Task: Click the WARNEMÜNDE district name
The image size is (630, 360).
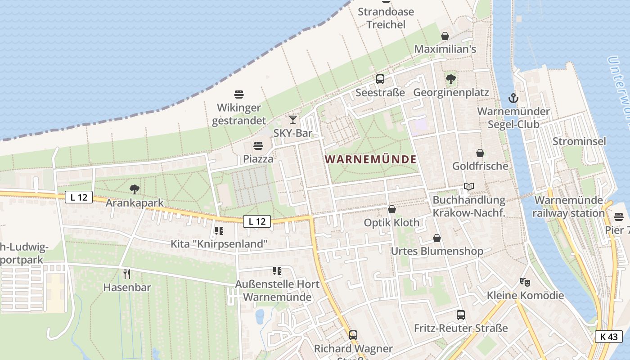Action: pyautogui.click(x=370, y=159)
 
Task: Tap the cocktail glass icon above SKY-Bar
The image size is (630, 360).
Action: pyautogui.click(x=293, y=119)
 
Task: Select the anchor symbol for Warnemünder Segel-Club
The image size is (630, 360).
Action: pyautogui.click(x=513, y=98)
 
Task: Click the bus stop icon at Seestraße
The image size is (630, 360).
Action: pyautogui.click(x=380, y=79)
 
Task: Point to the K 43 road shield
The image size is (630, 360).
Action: pyautogui.click(x=608, y=337)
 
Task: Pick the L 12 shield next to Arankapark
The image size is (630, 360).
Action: pyautogui.click(x=79, y=197)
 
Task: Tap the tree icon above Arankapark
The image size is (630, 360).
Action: pyautogui.click(x=134, y=189)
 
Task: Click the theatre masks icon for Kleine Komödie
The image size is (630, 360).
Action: pyautogui.click(x=525, y=282)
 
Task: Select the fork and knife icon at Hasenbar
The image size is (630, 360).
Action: pyautogui.click(x=127, y=274)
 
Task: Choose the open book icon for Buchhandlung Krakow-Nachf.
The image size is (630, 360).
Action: pyautogui.click(x=469, y=186)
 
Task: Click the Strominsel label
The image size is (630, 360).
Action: pyautogui.click(x=579, y=141)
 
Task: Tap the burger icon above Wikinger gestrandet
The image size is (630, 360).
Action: pyautogui.click(x=239, y=94)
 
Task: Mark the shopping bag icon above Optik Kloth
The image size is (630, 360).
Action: pyautogui.click(x=392, y=209)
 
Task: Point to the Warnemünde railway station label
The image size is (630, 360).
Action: pyautogui.click(x=568, y=207)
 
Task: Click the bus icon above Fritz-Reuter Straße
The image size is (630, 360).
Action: pyautogui.click(x=461, y=315)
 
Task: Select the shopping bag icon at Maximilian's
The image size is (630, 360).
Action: pyautogui.click(x=445, y=36)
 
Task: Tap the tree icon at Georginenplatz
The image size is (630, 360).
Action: pyautogui.click(x=450, y=79)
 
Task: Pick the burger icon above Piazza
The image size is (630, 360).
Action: pyautogui.click(x=258, y=145)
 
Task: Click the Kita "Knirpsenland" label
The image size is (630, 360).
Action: pyautogui.click(x=219, y=243)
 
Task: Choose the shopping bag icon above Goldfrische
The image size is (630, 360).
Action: pyautogui.click(x=480, y=153)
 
